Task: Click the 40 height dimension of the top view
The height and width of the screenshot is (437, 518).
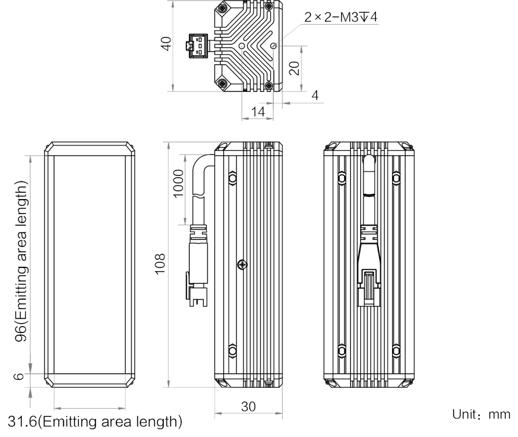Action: tap(166, 43)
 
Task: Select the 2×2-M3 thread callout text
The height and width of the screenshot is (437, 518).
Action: tap(340, 17)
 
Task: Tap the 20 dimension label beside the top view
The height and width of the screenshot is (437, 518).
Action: tap(294, 68)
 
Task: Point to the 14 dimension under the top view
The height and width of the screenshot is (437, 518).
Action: tap(258, 112)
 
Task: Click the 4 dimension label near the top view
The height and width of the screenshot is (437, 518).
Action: tap(315, 95)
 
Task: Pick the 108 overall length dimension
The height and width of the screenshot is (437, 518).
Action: tap(160, 264)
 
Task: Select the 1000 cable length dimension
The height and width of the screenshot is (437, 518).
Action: tap(178, 183)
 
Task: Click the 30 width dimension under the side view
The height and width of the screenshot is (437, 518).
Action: tap(248, 407)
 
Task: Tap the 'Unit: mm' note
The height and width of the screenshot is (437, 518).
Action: tap(481, 414)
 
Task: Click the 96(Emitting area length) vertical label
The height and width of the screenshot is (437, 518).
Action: tap(21, 261)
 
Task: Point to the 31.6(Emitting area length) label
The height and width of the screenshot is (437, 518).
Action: tap(95, 421)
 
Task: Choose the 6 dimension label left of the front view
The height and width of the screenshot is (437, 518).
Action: tap(20, 376)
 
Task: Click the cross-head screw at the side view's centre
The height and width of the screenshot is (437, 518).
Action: tap(242, 265)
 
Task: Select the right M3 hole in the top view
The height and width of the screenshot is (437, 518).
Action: tap(274, 46)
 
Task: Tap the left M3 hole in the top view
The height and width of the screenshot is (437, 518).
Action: tap(242, 46)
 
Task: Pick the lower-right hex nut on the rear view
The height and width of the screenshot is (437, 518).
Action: tap(396, 350)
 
